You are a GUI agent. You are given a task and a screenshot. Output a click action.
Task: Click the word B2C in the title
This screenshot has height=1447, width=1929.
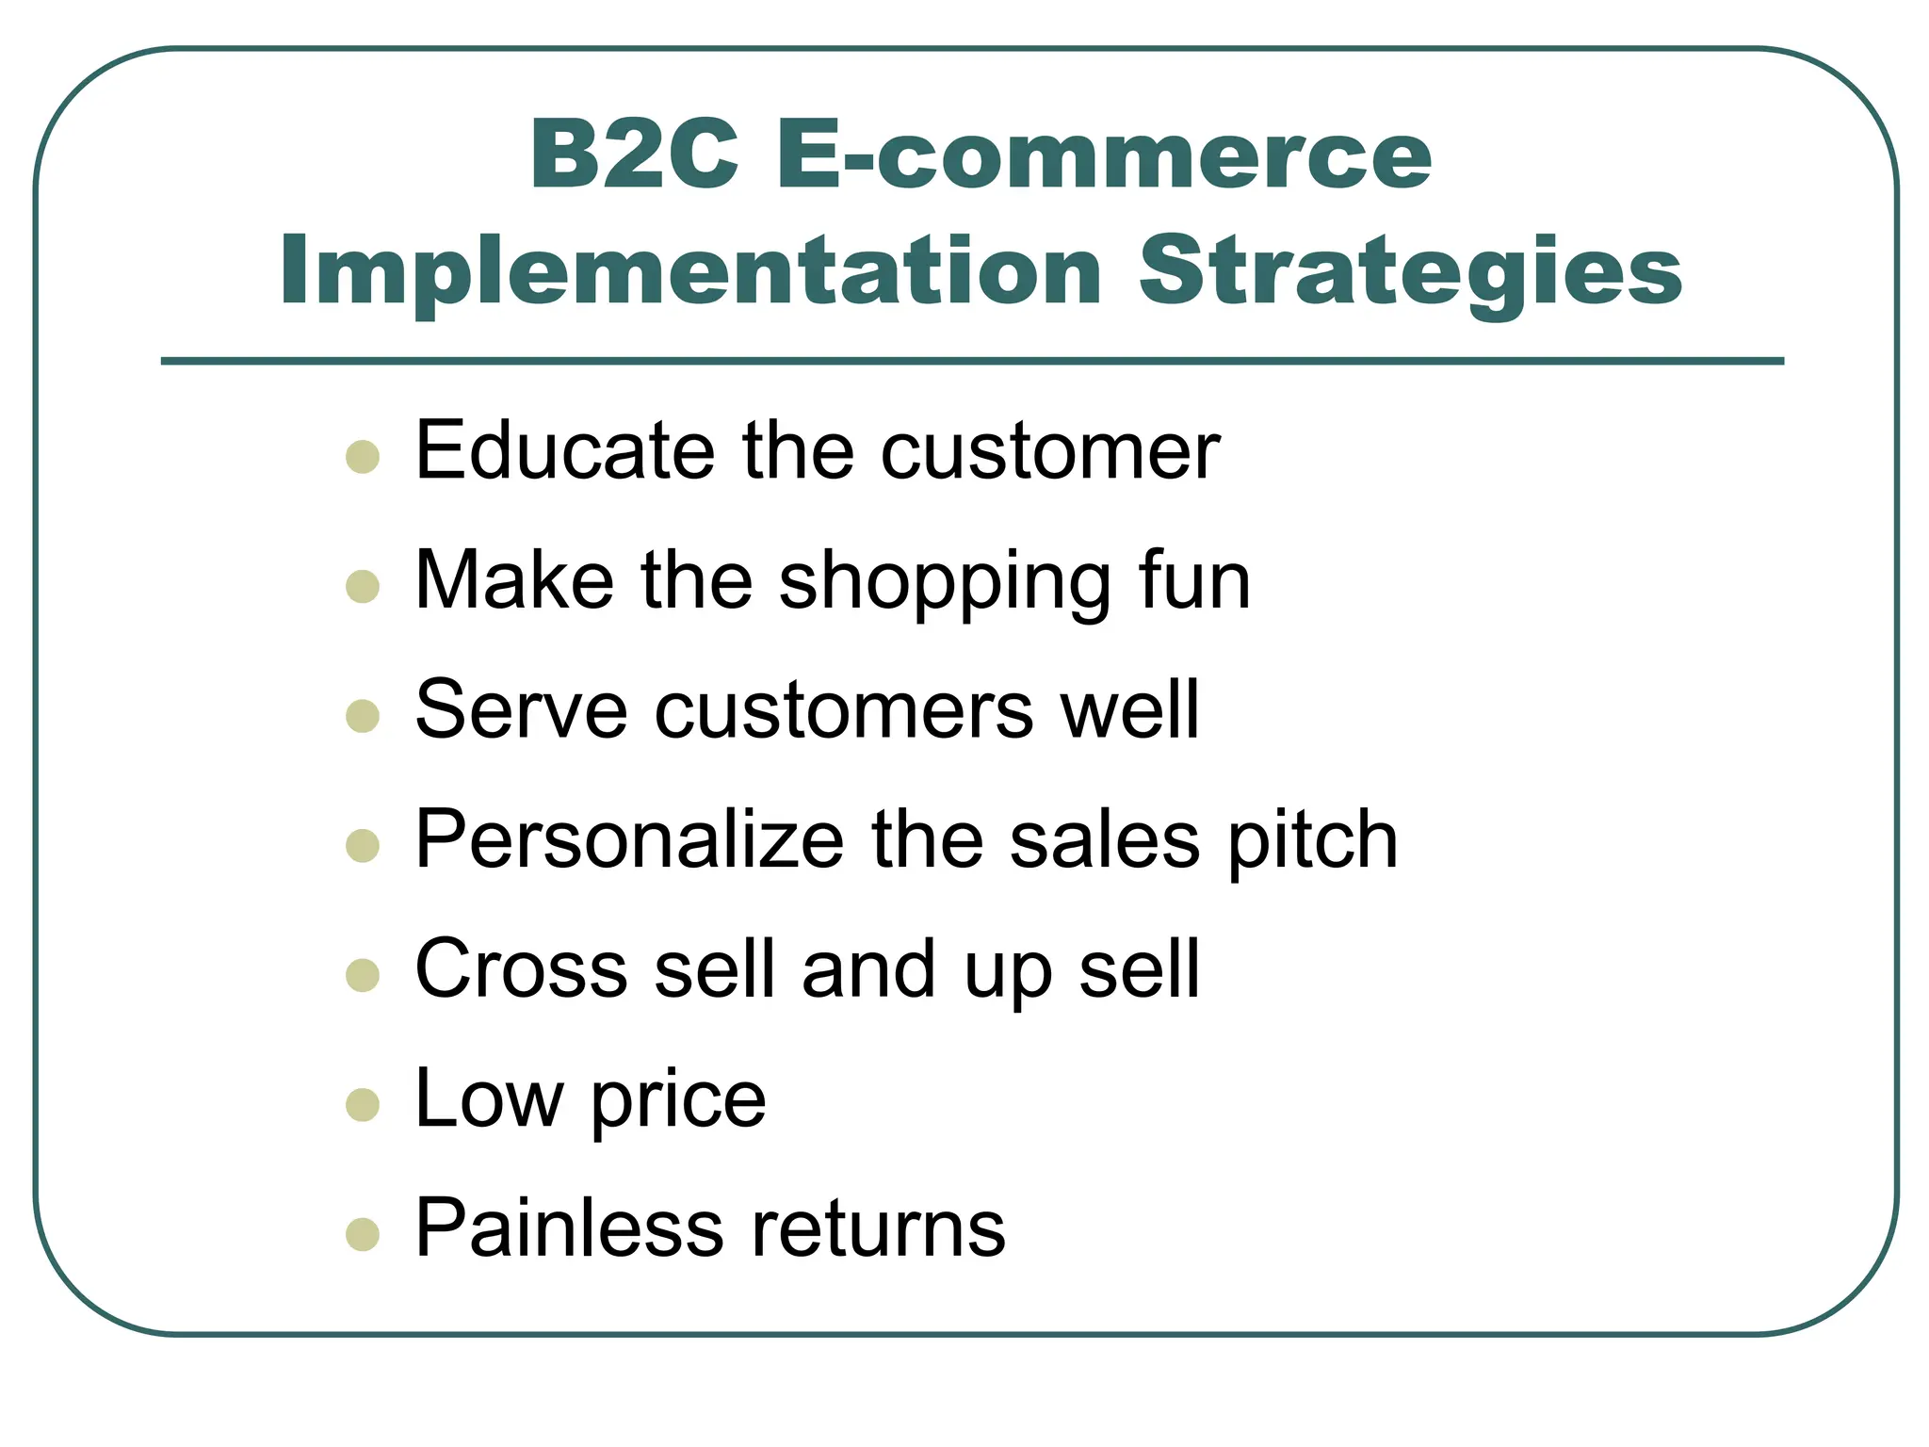(634, 155)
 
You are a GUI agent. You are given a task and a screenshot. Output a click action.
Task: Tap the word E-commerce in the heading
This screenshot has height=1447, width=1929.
(1103, 155)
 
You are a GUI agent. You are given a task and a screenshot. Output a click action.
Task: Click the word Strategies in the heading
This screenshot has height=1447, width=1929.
(1410, 270)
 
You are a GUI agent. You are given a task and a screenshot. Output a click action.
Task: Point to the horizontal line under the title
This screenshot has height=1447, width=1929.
(972, 361)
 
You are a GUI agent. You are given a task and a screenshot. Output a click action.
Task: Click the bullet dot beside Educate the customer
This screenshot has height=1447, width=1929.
(363, 457)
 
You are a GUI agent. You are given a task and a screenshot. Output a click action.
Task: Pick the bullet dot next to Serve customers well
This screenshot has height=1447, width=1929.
(363, 716)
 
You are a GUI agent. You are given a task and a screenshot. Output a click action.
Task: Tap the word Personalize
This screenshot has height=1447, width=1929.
(629, 839)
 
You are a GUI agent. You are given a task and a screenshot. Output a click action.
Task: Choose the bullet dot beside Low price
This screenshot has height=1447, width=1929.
(363, 1104)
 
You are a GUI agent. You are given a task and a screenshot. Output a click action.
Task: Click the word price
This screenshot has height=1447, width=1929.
(678, 1100)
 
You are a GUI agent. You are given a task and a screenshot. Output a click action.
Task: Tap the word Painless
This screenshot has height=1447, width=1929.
(568, 1228)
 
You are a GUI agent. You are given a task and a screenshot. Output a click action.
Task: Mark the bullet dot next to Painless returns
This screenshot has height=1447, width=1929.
(363, 1234)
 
